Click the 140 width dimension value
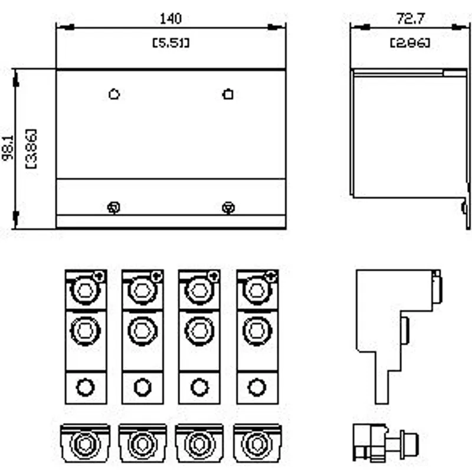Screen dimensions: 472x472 click(x=171, y=19)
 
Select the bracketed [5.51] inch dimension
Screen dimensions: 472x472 click(x=171, y=43)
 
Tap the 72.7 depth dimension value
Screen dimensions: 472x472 click(x=411, y=19)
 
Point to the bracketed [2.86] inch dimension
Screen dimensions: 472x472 click(x=410, y=43)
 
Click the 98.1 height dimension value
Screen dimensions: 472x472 click(x=8, y=148)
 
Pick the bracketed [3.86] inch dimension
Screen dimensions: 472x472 click(x=32, y=149)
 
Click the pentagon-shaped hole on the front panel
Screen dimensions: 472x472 click(x=114, y=94)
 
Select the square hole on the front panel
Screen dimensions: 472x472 click(x=228, y=94)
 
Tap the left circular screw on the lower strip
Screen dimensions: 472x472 click(x=114, y=208)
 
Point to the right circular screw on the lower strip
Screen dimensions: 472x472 click(x=228, y=208)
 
